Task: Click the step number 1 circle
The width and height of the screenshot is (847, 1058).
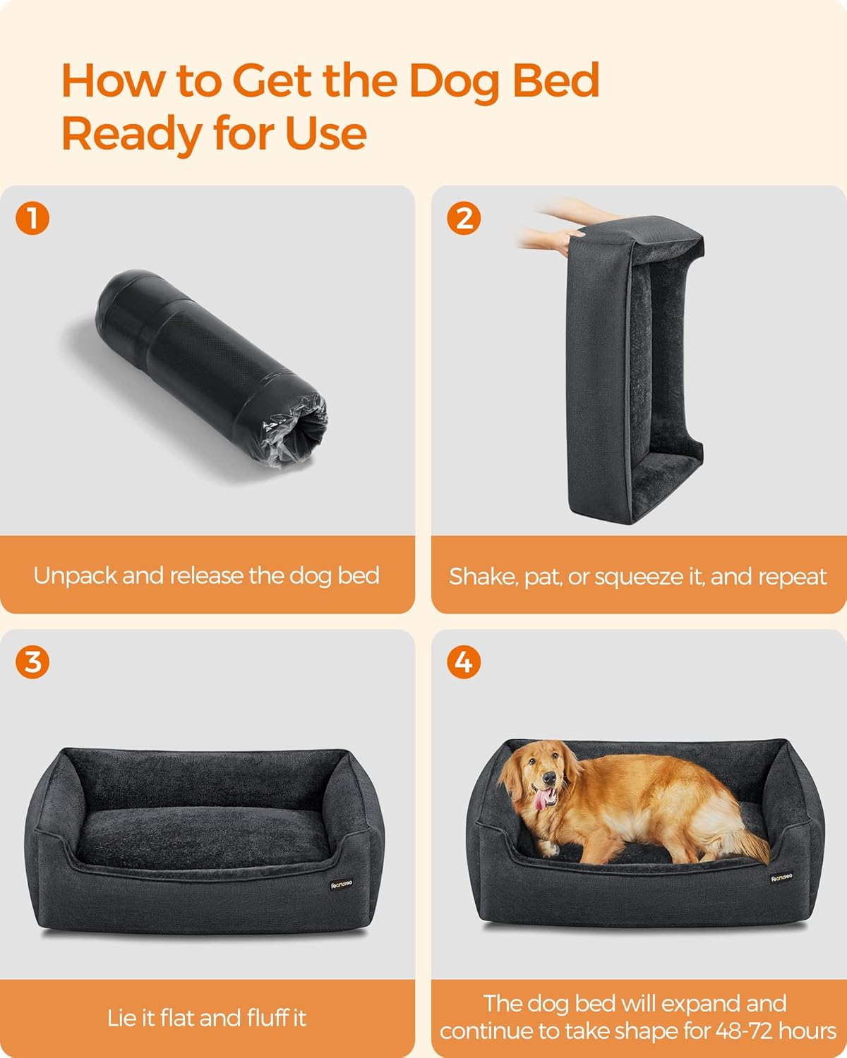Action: pyautogui.click(x=32, y=218)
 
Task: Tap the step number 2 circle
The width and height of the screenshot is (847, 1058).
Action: pyautogui.click(x=464, y=218)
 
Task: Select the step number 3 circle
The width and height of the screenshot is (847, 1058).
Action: pyautogui.click(x=32, y=662)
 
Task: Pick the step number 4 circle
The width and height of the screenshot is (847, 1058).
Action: pyautogui.click(x=464, y=662)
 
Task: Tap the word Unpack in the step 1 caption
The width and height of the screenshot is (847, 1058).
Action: pyautogui.click(x=76, y=576)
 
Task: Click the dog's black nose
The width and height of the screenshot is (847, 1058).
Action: pyautogui.click(x=548, y=777)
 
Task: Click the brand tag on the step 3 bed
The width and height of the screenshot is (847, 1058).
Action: pyautogui.click(x=341, y=884)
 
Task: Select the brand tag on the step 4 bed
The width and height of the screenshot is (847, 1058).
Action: pyautogui.click(x=781, y=877)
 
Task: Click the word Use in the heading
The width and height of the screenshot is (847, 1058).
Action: pyautogui.click(x=326, y=134)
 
